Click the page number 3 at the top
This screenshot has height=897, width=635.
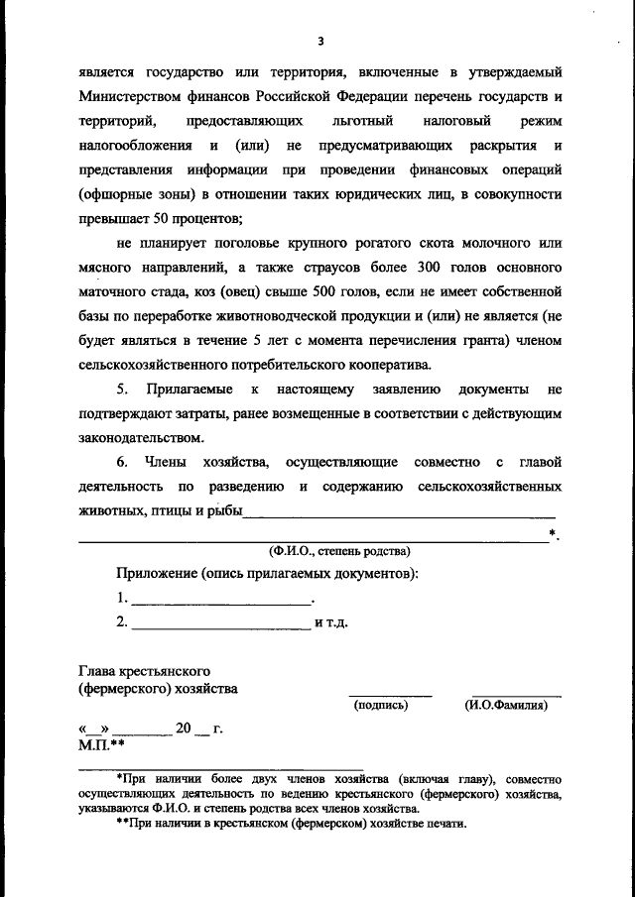pyautogui.click(x=319, y=41)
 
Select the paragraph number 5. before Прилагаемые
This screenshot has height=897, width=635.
pyautogui.click(x=123, y=390)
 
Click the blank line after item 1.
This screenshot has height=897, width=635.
pyautogui.click(x=220, y=600)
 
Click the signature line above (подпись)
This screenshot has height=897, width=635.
pyautogui.click(x=390, y=694)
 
